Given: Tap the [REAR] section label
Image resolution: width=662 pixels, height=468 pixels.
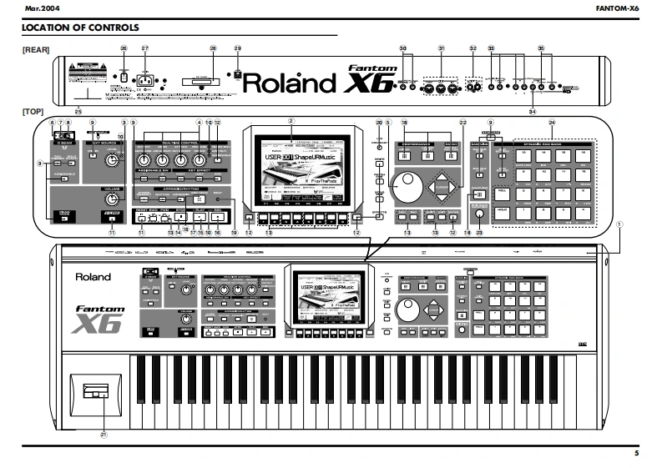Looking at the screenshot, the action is tap(37, 51).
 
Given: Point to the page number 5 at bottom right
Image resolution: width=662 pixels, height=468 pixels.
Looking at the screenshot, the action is tap(635, 453).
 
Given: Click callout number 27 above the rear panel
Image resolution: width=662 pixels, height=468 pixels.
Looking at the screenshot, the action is tap(145, 48).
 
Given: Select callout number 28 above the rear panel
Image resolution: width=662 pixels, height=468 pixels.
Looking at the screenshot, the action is tap(213, 48).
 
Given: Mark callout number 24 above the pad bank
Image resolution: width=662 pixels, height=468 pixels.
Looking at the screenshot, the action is tap(552, 123).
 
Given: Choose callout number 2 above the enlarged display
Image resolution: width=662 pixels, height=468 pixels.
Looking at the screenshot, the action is tap(291, 122).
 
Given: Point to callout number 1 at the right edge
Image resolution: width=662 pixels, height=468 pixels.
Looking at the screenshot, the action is tap(619, 224).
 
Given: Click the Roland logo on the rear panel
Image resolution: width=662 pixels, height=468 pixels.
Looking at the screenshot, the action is tap(288, 83).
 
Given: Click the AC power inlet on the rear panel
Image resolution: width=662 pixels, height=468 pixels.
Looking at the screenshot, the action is tap(149, 81).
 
